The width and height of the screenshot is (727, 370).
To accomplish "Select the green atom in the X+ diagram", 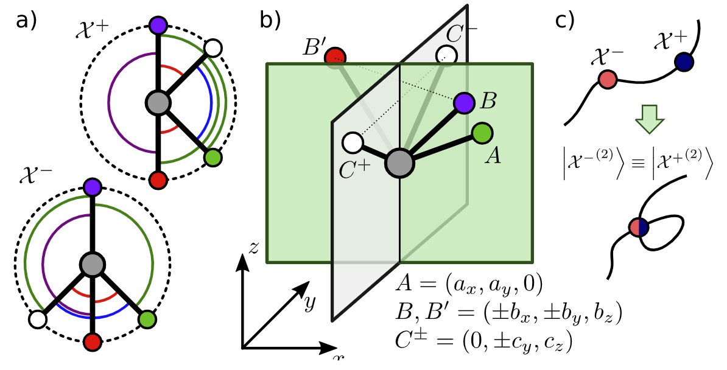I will [x=212, y=158].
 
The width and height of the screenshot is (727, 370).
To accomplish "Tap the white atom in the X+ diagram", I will [x=213, y=47].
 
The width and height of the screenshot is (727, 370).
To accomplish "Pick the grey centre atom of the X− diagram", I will [x=93, y=265].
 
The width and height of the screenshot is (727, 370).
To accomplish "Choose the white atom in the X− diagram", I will [x=38, y=319].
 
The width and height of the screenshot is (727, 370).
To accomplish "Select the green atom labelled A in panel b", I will [x=482, y=133].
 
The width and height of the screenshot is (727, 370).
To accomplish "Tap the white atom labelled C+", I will [x=353, y=143].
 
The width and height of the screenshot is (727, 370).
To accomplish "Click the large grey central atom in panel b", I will [x=399, y=163].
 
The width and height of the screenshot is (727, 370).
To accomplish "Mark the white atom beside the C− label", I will [x=447, y=55].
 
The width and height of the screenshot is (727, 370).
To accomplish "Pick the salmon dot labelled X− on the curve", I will [x=608, y=80].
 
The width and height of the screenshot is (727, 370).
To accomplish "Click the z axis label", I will [x=255, y=246].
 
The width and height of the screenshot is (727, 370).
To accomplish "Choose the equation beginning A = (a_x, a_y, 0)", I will [x=468, y=284].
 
